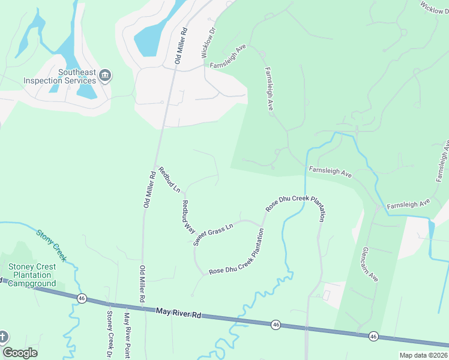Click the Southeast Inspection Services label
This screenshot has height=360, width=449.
pos(60,76)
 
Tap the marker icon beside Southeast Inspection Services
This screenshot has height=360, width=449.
pos(106,75)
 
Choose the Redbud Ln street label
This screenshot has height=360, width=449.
pos(168,179)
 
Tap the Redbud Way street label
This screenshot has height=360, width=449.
pos(188,216)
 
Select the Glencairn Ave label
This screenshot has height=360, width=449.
pos(370,264)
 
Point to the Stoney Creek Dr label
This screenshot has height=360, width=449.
pos(109,332)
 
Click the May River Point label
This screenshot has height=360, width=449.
pos(127,335)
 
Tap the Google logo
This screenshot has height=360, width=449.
pos(20,353)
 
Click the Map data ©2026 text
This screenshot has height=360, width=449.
pos(423,355)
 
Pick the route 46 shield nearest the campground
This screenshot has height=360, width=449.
pos(82,298)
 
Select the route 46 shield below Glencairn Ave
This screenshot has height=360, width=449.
pos(373,336)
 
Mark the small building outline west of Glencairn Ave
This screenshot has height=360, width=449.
pos(327,295)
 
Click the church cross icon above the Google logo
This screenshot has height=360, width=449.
pos(3,336)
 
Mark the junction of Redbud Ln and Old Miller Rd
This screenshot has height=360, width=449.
pos(157,166)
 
